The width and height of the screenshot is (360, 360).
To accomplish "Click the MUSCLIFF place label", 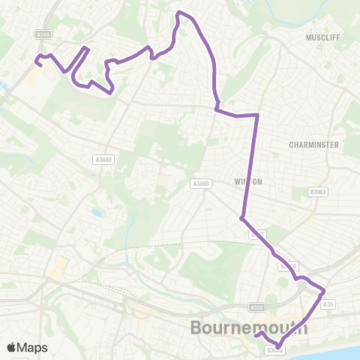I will pos(324,36).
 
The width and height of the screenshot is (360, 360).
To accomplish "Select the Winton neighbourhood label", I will pos(247,181).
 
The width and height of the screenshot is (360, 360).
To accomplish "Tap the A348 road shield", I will pos(43,34).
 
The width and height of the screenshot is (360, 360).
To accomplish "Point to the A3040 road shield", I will pos(103,159).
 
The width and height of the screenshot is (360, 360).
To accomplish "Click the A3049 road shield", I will pos(200,184).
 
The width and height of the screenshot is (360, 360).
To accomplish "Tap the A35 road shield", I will pos(327,304).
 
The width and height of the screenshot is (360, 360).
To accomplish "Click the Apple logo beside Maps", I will pos(11,347).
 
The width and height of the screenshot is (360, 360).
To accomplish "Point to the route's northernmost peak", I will pos(178,13).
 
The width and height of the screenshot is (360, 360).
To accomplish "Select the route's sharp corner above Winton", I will pos(257,115).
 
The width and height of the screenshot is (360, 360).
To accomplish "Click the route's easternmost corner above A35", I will pos(324,290).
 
